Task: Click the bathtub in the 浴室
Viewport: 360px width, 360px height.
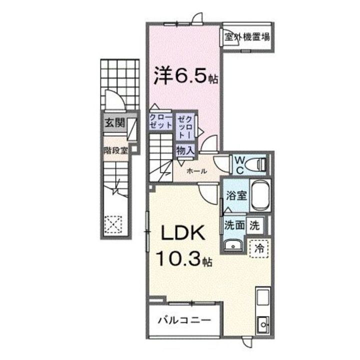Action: pyautogui.click(x=259, y=196)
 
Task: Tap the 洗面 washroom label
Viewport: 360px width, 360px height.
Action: pyautogui.click(x=234, y=225)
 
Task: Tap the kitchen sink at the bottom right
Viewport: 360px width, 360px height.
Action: pyautogui.click(x=261, y=324)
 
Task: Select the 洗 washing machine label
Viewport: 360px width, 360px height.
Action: pyautogui.click(x=254, y=225)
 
